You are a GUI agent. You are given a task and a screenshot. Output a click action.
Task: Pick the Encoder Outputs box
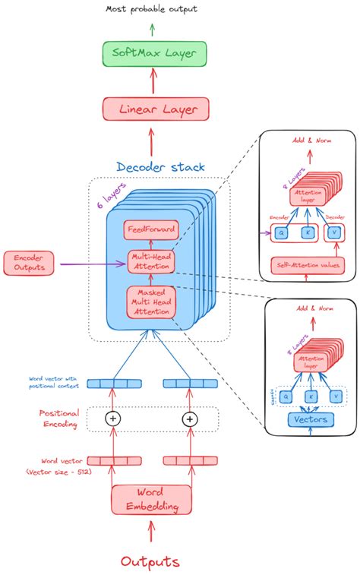click(x=28, y=263)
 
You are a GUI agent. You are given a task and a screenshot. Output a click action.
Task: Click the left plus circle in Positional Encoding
click(x=113, y=419)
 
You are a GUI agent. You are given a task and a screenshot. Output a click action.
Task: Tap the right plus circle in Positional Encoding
click(x=189, y=419)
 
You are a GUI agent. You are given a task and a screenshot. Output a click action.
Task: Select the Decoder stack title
click(x=160, y=166)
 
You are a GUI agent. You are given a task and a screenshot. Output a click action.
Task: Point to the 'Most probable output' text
click(x=152, y=9)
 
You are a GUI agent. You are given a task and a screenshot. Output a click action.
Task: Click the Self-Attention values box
click(x=308, y=265)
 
